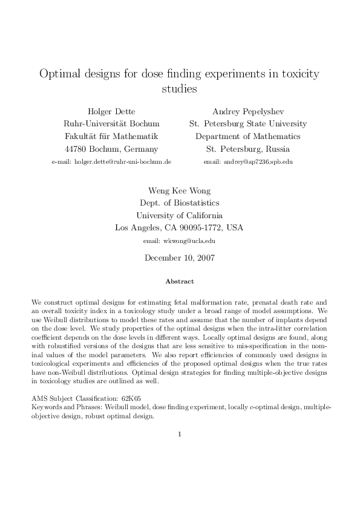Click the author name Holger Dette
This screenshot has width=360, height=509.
(x=111, y=111)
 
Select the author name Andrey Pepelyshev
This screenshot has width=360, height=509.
(x=247, y=111)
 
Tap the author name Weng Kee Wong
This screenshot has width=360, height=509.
(x=179, y=190)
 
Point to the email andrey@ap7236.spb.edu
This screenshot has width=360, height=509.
(x=248, y=162)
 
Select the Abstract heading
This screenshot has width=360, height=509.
(x=179, y=281)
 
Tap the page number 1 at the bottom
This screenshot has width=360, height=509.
(x=180, y=434)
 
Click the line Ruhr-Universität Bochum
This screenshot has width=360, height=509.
(x=111, y=124)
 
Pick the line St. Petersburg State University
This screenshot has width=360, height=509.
(x=247, y=124)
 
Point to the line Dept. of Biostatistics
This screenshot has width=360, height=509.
(x=179, y=203)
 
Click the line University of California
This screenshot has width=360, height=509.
(x=179, y=216)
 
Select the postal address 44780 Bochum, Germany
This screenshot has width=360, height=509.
(x=111, y=149)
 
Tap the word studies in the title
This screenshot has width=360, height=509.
(x=180, y=89)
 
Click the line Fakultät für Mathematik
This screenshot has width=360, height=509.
(x=111, y=137)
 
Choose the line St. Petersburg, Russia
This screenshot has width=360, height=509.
(x=247, y=149)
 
